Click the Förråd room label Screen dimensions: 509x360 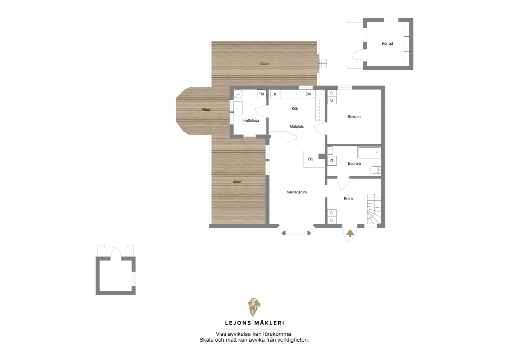point(387,43)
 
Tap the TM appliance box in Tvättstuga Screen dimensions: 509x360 point(261,94)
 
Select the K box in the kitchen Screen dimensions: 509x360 point(275,94)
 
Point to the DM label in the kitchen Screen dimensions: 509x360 point(308,94)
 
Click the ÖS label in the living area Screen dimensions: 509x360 point(310,159)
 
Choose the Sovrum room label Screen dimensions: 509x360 point(354,117)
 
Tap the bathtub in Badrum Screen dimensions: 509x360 point(369,152)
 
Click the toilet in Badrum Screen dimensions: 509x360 point(375,170)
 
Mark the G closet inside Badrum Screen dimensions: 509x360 point(332,161)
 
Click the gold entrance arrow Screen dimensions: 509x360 point(350,233)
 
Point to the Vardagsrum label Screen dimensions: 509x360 point(297,192)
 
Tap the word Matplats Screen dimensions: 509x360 point(297,126)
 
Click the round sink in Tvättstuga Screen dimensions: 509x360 point(239,94)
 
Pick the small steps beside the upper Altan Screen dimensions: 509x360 point(323,63)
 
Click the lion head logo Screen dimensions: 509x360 point(254,307)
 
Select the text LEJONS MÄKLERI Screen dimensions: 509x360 point(254,323)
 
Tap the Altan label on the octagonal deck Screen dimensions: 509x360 point(206,109)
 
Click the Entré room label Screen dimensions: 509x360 point(348,199)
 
